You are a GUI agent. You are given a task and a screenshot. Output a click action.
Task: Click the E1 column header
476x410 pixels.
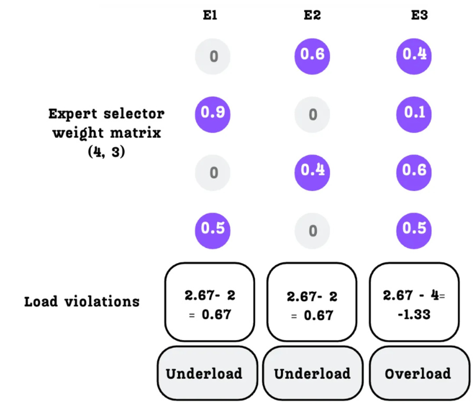point(211,16)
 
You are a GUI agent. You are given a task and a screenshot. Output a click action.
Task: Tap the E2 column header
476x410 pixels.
point(313,16)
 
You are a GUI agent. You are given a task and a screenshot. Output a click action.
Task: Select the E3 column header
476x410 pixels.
point(419,16)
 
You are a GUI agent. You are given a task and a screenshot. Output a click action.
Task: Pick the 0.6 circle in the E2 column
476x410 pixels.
point(313,55)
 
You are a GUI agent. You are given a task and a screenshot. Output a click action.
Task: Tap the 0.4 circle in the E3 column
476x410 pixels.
point(414,55)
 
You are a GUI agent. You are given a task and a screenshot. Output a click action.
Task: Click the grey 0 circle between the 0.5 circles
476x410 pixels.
point(313,231)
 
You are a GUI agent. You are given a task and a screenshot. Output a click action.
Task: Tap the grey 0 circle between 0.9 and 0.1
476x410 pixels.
point(313,114)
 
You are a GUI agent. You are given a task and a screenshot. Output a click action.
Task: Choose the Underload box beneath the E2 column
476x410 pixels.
point(313,373)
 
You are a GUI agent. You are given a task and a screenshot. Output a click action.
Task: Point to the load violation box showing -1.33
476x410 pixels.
point(414,302)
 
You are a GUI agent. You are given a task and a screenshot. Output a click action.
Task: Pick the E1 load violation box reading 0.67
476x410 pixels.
point(210,302)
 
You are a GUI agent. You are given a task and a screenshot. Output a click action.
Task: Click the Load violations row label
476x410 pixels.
point(82,302)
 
